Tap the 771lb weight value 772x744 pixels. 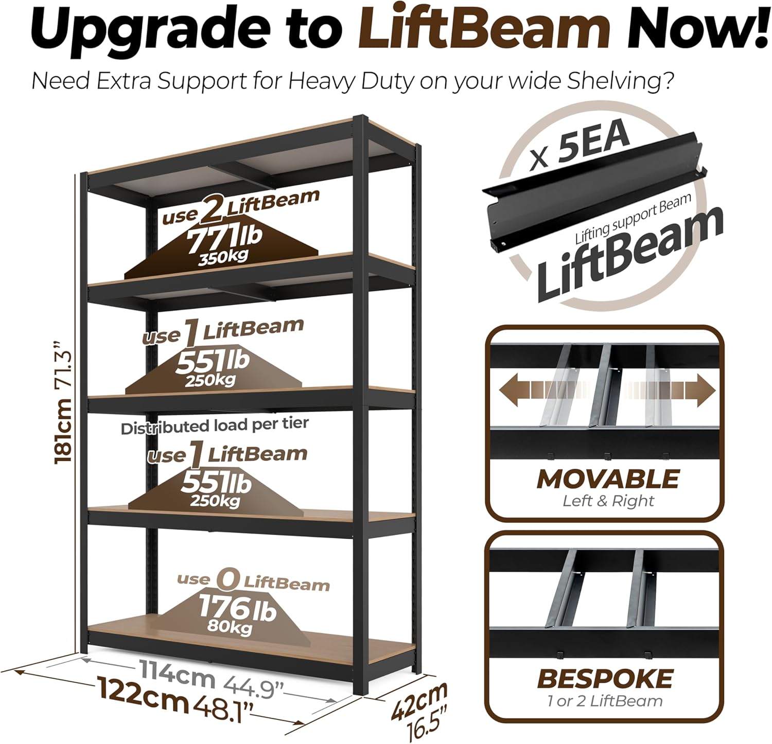click(x=224, y=239)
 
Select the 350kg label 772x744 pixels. click(x=223, y=257)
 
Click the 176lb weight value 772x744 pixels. click(x=237, y=609)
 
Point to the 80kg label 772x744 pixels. click(x=230, y=627)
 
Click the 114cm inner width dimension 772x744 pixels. click(x=176, y=675)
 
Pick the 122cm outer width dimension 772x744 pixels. click(x=143, y=695)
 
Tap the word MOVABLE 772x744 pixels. click(x=608, y=479)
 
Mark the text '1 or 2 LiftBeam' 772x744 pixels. click(x=605, y=701)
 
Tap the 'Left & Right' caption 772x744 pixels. click(x=608, y=501)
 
